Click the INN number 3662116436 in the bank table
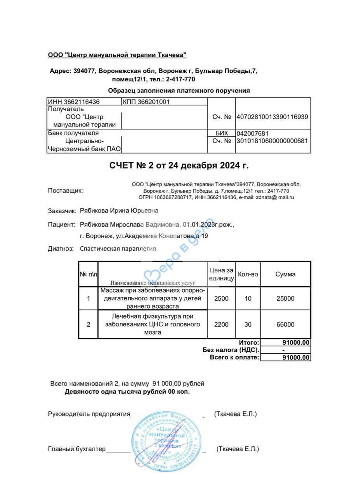pos(73,102)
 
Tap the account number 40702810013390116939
pos(272,117)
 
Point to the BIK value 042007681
pos(253,133)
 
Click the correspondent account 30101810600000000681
pos(272,141)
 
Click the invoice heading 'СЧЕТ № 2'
pos(179,166)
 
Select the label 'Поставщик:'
pos(65,191)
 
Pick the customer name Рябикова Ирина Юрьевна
pos(119,211)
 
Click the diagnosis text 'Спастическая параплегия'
pos(118,249)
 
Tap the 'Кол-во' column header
pos(248,274)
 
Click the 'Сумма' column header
pos(285,274)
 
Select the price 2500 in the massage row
pos(221,299)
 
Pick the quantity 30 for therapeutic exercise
pos(248,324)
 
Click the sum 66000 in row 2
pos(285,324)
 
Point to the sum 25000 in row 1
pos(285,299)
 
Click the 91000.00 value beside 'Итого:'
pos(296,343)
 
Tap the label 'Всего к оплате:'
pos(234,358)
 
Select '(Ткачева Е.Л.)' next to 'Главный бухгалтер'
pos(238,449)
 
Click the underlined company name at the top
pos(117,55)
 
